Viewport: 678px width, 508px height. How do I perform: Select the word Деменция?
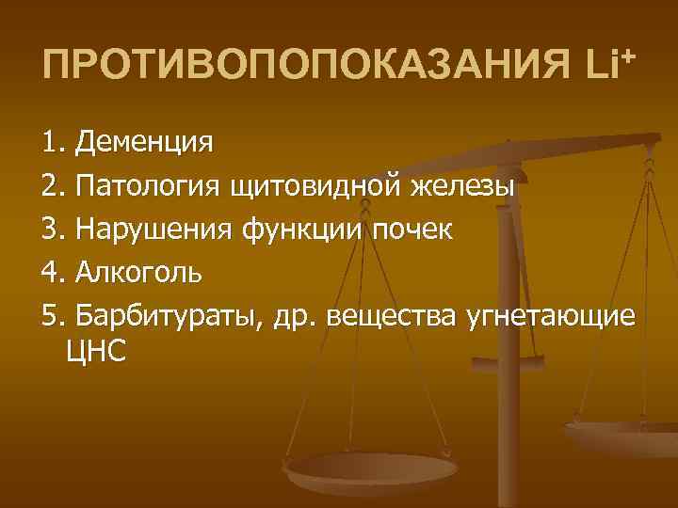click(x=145, y=143)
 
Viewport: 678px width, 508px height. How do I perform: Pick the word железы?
click(x=461, y=184)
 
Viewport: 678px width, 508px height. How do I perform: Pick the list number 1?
click(x=52, y=143)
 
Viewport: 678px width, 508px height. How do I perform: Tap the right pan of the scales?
click(x=621, y=435)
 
